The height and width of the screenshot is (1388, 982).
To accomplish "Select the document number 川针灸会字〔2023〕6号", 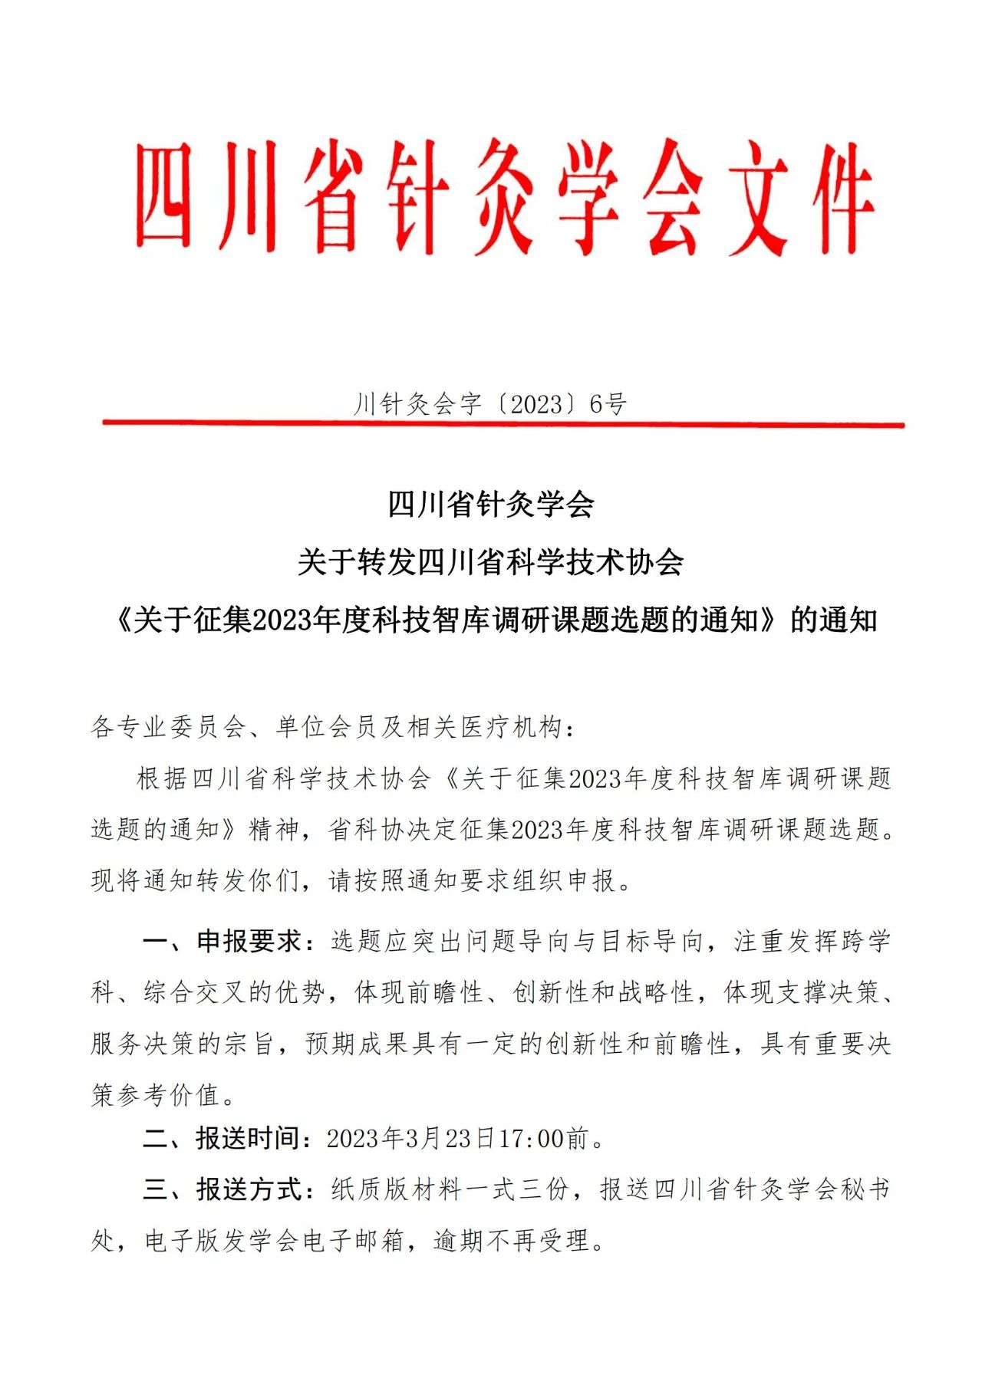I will [x=490, y=403].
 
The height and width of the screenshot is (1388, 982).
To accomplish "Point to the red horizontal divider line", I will [x=503, y=423].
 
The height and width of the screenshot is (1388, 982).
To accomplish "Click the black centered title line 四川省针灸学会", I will [x=491, y=505].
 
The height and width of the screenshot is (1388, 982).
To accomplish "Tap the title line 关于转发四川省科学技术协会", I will [x=491, y=562].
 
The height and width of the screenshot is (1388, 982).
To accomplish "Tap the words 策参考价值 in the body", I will [x=156, y=1094].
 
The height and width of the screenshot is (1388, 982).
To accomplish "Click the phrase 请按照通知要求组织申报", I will [x=472, y=880].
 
